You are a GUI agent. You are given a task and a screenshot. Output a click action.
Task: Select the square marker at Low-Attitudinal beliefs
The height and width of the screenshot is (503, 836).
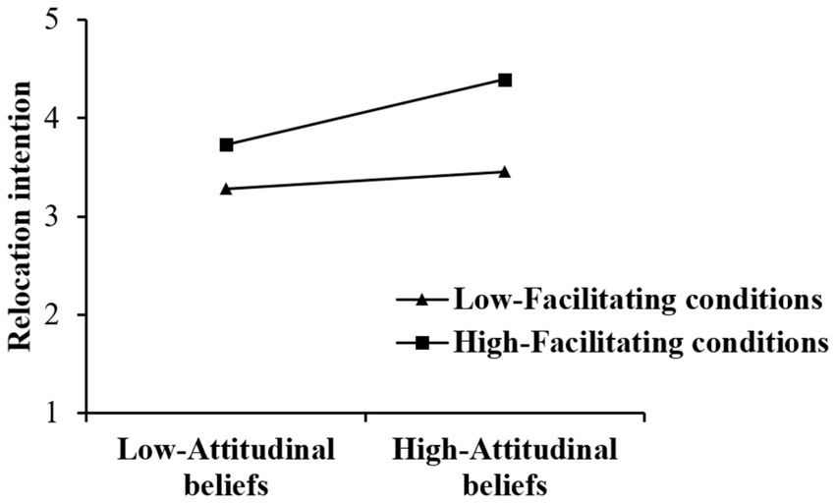pos(227,144)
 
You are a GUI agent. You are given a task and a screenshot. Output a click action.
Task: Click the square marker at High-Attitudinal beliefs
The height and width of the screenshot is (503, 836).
pos(505,80)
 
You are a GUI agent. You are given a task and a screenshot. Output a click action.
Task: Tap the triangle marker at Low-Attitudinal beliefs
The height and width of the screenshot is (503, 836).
pos(227,188)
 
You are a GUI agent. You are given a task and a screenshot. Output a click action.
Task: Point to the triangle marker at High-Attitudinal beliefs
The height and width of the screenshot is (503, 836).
pos(505,171)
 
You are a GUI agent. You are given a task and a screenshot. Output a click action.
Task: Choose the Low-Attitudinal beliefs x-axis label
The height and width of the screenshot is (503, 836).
pos(227,467)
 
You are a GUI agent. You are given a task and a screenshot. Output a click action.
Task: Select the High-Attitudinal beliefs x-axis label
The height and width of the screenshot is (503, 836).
pos(505,467)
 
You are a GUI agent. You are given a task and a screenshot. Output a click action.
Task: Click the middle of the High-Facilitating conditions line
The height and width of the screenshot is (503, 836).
pos(365,112)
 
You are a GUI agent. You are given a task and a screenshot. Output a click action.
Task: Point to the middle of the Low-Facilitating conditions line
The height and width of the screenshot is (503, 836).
pos(365,180)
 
